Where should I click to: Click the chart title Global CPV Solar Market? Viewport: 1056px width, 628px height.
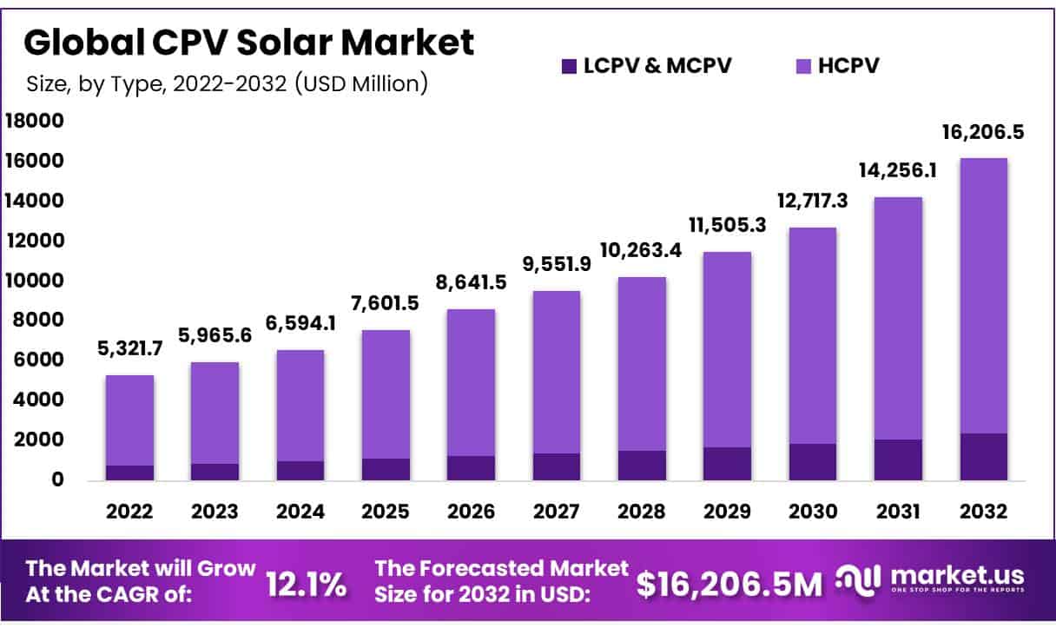(x=250, y=43)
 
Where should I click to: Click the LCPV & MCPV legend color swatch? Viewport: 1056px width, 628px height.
(x=569, y=66)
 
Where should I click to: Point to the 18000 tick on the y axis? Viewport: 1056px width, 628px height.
(x=35, y=122)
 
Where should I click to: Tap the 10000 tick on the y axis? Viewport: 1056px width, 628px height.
(x=35, y=281)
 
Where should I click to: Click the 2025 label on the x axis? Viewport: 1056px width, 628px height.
(x=386, y=512)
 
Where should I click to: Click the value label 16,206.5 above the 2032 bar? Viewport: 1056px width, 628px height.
(x=983, y=133)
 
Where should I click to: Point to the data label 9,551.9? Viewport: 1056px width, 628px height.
(x=557, y=264)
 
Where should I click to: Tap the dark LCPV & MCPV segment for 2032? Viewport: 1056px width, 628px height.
(x=983, y=456)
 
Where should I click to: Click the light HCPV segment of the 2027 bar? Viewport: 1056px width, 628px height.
(x=557, y=372)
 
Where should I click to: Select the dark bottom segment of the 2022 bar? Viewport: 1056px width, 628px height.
(x=129, y=473)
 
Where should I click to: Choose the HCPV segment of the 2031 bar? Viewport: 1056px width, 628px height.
(x=898, y=318)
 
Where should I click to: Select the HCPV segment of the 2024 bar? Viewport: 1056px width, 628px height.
(x=300, y=406)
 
